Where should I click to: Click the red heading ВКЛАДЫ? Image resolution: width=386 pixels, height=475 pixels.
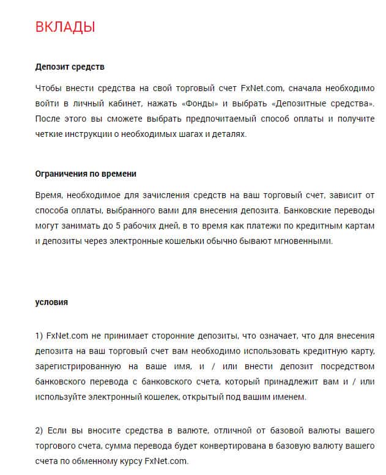[65, 27]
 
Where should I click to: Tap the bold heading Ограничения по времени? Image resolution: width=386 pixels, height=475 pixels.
[86, 174]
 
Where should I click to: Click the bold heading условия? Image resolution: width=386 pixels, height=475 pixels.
[51, 302]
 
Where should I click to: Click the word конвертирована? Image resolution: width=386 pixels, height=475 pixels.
[239, 446]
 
